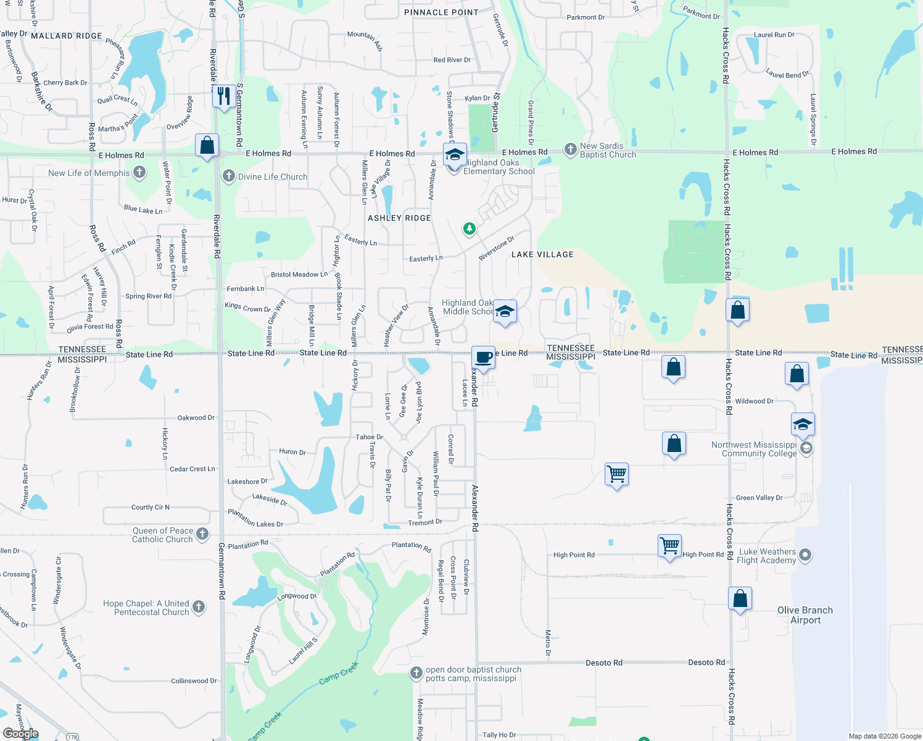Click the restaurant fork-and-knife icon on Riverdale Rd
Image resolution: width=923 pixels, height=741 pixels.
(x=223, y=96)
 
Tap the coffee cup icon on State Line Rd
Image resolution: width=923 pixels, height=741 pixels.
(x=484, y=357)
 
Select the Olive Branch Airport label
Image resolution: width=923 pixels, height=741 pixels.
(x=805, y=615)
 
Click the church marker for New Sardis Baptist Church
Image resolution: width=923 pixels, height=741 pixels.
(x=571, y=149)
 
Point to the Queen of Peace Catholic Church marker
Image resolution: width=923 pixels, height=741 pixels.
(x=202, y=534)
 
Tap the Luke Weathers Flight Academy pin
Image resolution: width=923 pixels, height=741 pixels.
(x=805, y=555)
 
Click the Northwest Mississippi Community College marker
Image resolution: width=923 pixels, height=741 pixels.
(x=805, y=448)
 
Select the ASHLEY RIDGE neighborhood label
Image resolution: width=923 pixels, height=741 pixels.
(x=399, y=218)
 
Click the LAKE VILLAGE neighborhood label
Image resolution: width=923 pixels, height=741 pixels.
(x=542, y=254)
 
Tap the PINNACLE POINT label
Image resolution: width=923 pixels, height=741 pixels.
(x=441, y=12)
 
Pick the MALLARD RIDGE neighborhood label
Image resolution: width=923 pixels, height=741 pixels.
(x=67, y=36)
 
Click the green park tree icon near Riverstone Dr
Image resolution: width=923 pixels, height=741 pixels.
(x=470, y=229)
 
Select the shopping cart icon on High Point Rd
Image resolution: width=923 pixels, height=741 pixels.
(x=669, y=546)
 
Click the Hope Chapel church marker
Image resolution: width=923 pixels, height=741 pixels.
(x=199, y=607)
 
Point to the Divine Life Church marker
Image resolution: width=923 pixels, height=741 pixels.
(x=229, y=176)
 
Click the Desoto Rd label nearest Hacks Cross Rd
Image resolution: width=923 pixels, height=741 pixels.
(x=706, y=663)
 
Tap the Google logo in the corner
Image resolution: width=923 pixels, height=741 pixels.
(x=21, y=733)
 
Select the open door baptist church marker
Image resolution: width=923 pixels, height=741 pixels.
(x=416, y=672)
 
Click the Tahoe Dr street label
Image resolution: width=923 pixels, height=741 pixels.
(x=370, y=437)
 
